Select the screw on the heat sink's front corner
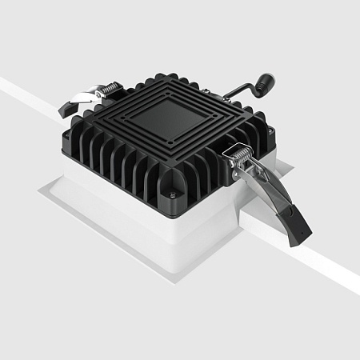[170, 192]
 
